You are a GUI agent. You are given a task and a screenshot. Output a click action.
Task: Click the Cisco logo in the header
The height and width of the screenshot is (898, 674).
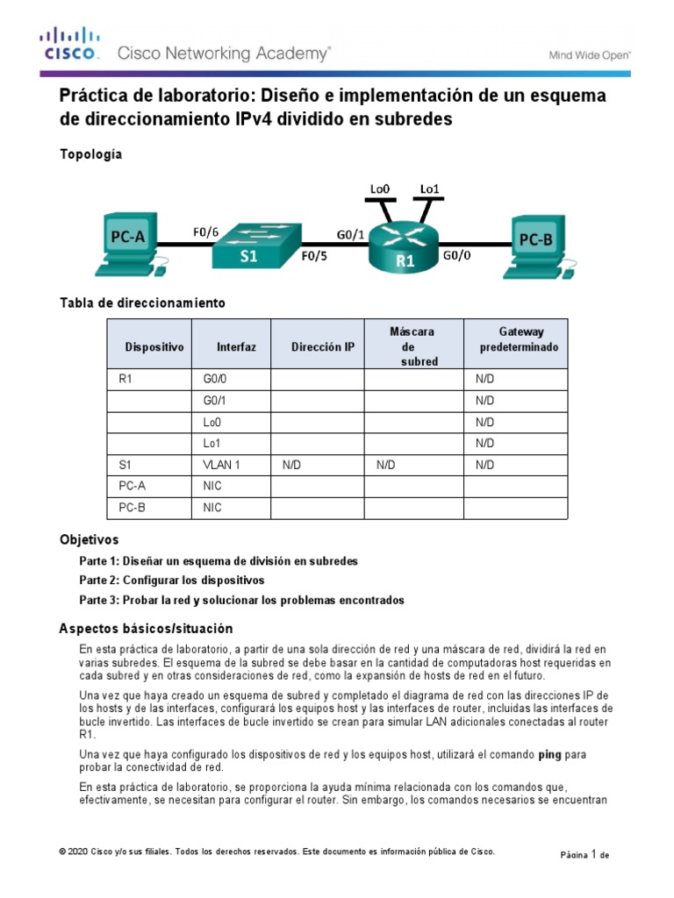(68, 44)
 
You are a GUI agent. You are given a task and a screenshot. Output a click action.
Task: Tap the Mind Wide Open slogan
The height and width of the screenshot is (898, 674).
(589, 54)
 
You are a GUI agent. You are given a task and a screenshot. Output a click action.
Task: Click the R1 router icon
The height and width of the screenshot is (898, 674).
(404, 246)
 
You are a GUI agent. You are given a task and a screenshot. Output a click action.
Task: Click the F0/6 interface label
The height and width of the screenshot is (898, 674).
(206, 232)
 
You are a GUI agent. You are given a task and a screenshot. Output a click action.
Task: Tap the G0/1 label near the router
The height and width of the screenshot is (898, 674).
(351, 234)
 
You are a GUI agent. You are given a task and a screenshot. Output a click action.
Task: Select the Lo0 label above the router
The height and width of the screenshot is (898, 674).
(379, 188)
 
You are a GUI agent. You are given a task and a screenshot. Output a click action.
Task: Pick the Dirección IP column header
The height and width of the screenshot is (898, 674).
(323, 347)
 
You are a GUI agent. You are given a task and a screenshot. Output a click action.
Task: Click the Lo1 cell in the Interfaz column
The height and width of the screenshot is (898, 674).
(212, 443)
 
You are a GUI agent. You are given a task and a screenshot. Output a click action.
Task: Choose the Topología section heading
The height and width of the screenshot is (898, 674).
(90, 154)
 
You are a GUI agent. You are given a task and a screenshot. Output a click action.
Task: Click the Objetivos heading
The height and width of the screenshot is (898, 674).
(89, 539)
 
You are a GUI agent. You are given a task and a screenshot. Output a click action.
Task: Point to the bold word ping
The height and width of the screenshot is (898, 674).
(549, 753)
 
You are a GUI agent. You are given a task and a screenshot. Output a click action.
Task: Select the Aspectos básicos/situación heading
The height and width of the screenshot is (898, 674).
(146, 628)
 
